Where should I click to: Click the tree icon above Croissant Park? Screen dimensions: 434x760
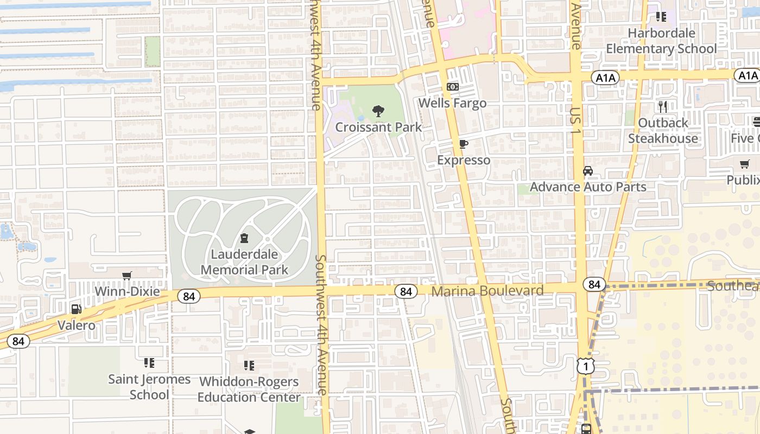tap(378, 112)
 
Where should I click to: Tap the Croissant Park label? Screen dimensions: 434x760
tap(378, 127)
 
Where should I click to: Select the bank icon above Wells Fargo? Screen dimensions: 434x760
tap(452, 87)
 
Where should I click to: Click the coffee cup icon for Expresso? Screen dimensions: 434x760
tap(463, 144)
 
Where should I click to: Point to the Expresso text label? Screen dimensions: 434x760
tap(464, 160)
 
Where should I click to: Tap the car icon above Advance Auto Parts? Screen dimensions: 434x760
tap(588, 171)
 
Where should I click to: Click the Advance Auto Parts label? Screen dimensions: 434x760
tap(588, 187)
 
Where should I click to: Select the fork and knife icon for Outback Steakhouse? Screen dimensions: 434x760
tap(662, 106)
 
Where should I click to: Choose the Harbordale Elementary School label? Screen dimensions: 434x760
tap(661, 41)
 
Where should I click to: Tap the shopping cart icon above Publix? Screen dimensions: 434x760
tap(745, 164)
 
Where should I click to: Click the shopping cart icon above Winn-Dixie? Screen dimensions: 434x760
tap(127, 276)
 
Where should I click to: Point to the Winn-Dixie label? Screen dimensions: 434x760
tap(127, 292)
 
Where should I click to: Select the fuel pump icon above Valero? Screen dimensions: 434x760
tap(76, 309)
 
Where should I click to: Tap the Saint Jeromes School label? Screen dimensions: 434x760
tap(149, 387)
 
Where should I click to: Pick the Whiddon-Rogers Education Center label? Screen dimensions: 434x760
tap(249, 390)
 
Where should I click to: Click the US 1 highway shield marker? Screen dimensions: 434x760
tap(585, 367)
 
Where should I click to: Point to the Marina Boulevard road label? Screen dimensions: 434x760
tap(487, 291)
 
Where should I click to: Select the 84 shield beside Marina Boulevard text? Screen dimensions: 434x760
tap(406, 291)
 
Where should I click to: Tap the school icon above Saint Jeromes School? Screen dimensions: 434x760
tap(149, 362)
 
